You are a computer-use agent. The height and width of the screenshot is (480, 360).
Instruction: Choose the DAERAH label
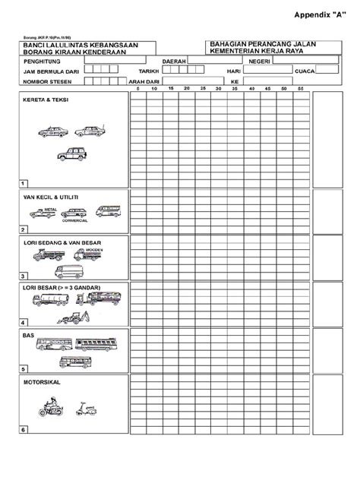(175, 62)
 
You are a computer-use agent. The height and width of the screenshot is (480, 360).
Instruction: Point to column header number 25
(203, 90)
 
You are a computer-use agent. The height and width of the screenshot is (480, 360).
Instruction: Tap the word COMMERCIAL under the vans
(75, 220)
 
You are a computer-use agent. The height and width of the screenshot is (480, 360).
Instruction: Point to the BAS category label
(28, 334)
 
